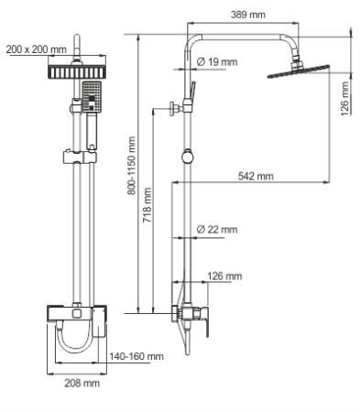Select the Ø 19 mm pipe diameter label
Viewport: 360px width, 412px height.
pyautogui.click(x=217, y=62)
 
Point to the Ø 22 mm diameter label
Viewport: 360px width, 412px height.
pyautogui.click(x=217, y=229)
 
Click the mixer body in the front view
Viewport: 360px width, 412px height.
pyautogui.click(x=75, y=316)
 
